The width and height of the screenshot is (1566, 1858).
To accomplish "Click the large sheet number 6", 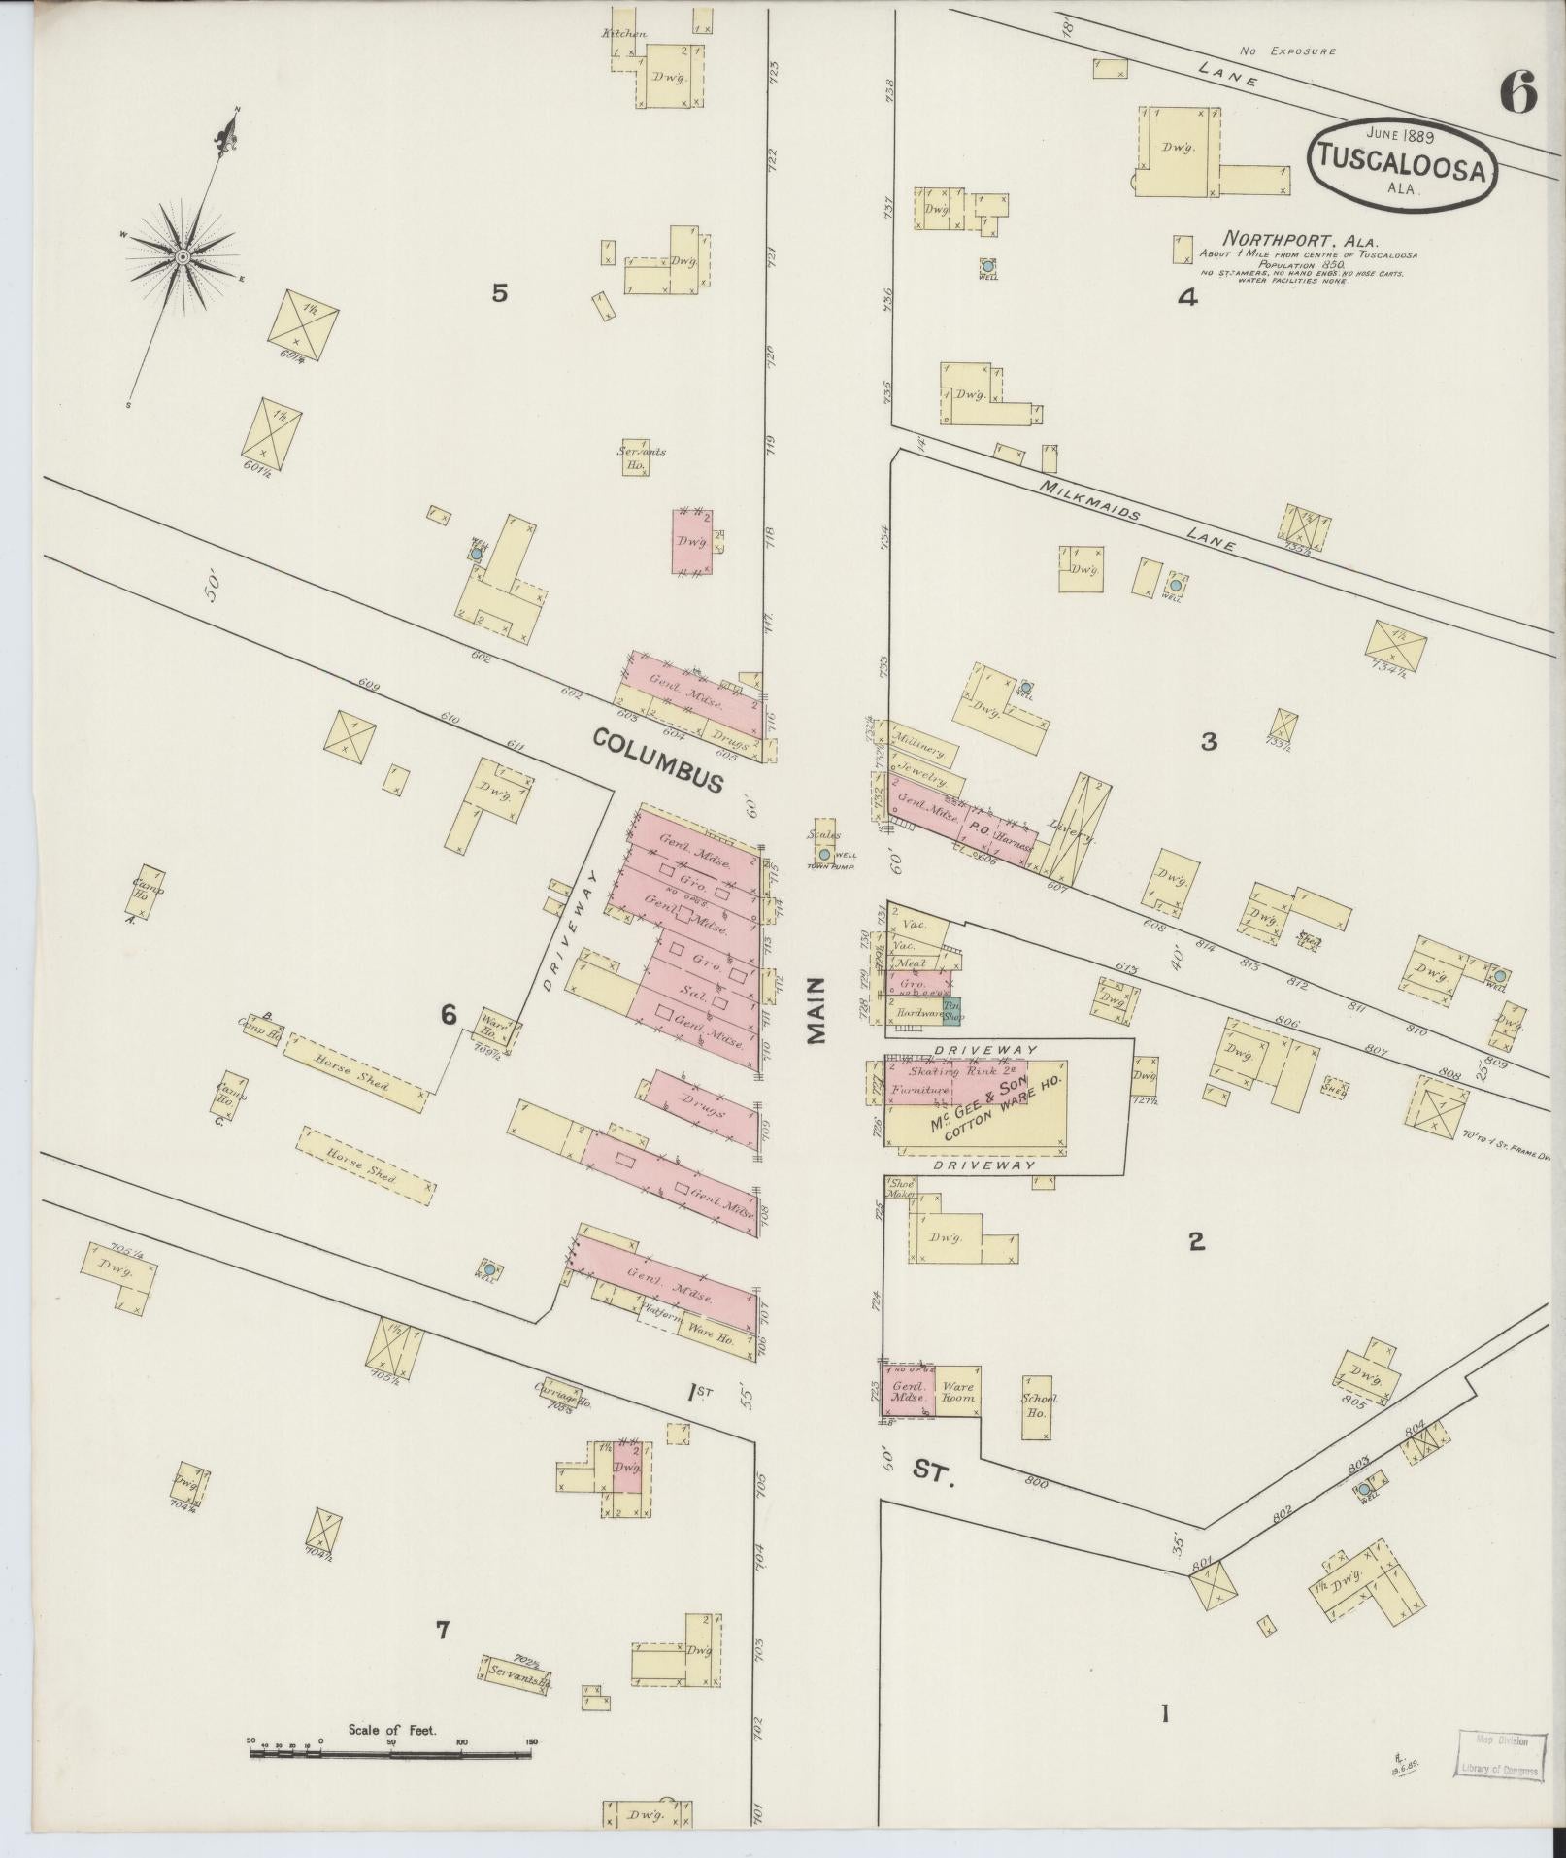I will pos(1517,94).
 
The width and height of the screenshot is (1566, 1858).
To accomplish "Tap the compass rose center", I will pos(182,256).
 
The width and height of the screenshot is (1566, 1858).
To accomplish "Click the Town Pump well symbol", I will pos(824,854).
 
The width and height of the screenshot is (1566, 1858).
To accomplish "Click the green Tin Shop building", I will pos(951,1010).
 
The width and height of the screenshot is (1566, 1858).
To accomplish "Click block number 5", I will pos(499,292).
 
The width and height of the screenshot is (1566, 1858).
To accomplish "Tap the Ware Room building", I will pos(956,1392).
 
